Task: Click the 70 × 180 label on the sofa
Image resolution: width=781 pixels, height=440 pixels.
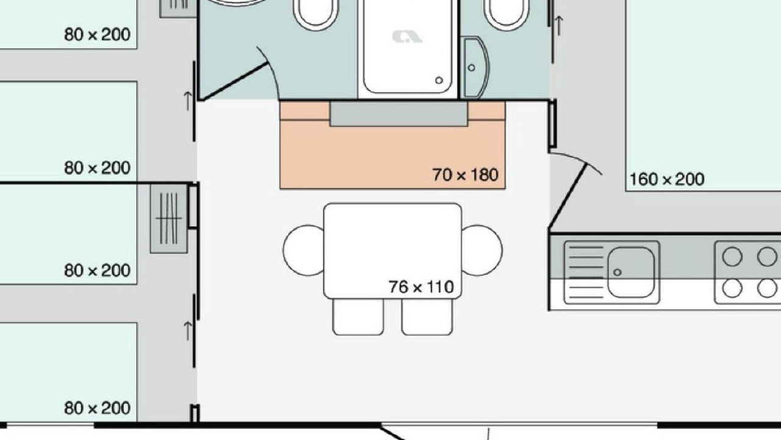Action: (x=465, y=175)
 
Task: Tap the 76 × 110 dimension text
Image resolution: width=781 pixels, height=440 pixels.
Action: (x=421, y=287)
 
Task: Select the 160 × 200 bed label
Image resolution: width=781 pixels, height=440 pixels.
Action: (x=667, y=179)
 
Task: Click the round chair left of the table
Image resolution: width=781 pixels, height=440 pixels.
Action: (x=304, y=251)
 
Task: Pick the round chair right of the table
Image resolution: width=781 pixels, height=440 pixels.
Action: (x=482, y=251)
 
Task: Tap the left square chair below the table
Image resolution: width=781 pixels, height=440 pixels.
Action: (x=358, y=317)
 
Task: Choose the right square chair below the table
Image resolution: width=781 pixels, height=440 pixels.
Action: (x=427, y=317)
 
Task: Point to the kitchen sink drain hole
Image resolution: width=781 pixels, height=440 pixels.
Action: (x=617, y=272)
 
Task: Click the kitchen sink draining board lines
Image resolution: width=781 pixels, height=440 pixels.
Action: (x=586, y=273)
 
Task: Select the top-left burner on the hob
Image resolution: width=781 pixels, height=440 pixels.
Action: (x=732, y=257)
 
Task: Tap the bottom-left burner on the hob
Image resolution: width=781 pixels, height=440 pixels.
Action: (x=732, y=288)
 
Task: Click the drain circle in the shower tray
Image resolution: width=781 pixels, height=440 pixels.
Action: (x=439, y=80)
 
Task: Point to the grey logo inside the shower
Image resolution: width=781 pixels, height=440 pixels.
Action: (x=407, y=37)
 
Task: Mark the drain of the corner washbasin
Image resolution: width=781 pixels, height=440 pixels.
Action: (x=472, y=68)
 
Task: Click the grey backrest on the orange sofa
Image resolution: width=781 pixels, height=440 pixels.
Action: (x=399, y=114)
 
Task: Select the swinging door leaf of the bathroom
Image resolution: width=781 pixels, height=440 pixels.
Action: (x=235, y=82)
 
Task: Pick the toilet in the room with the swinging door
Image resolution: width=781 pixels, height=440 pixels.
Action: (x=315, y=14)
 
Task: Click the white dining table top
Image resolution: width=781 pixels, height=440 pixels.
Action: (x=392, y=251)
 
